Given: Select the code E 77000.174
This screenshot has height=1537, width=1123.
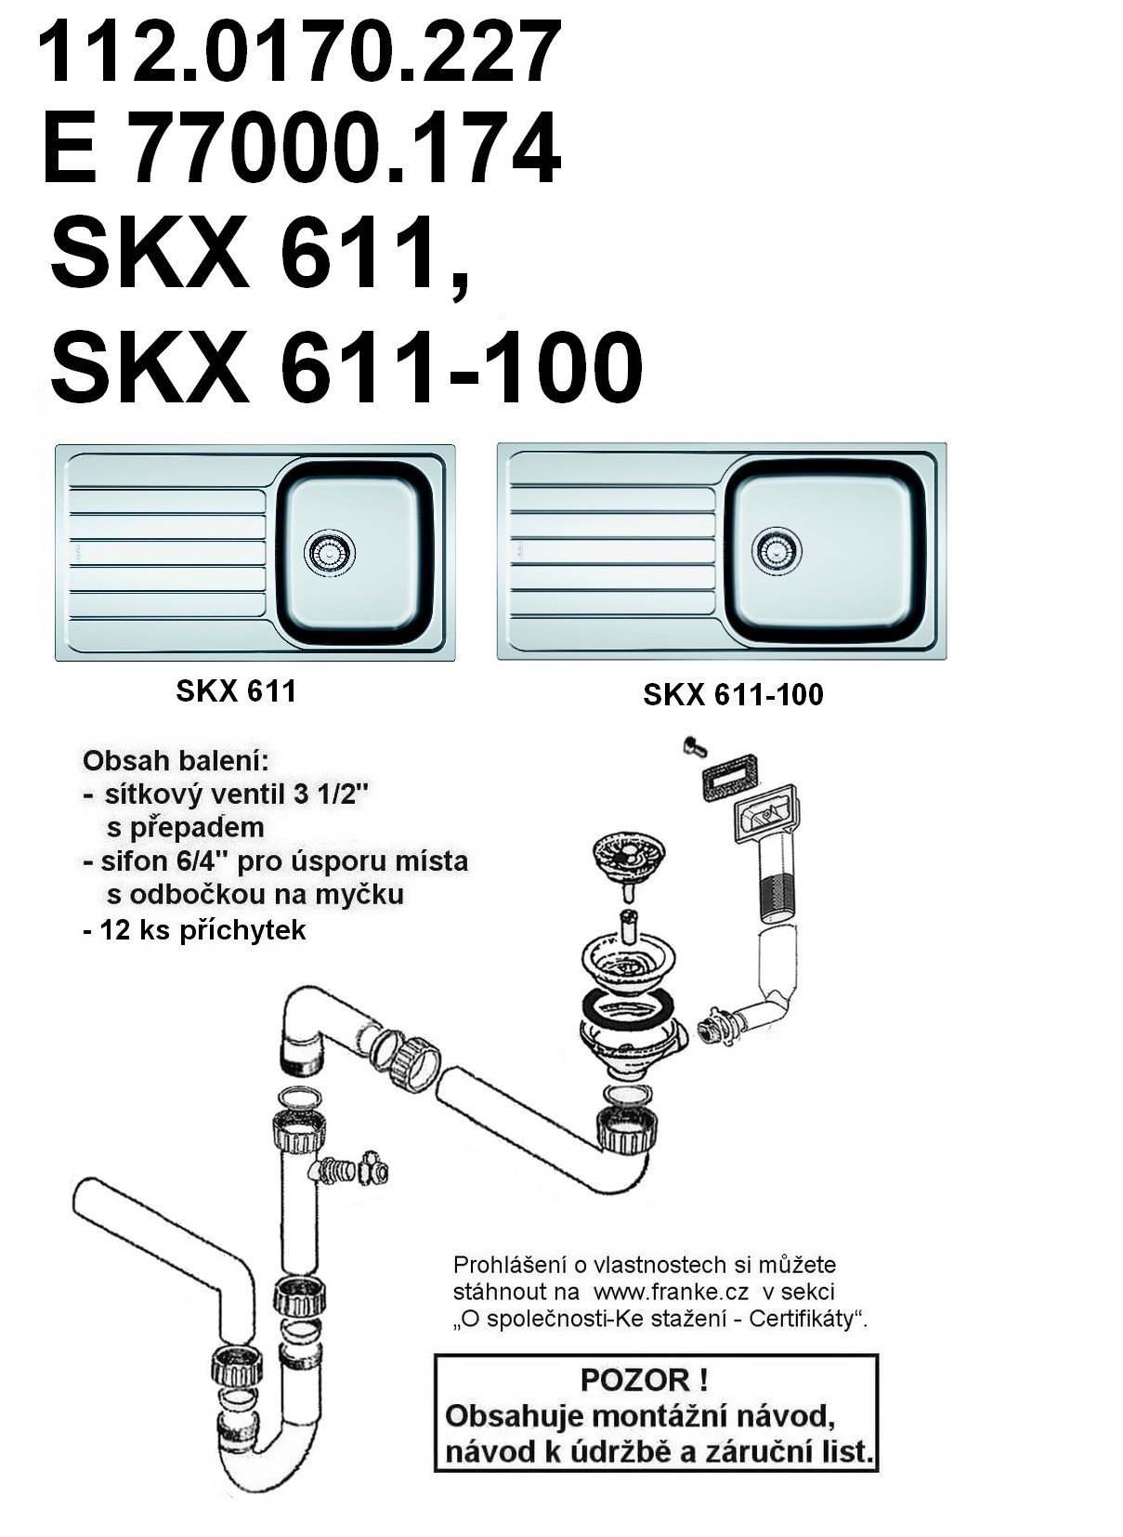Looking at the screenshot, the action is [302, 148].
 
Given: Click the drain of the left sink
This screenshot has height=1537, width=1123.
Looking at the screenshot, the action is [331, 549].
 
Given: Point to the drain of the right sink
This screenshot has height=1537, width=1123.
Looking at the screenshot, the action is [776, 549].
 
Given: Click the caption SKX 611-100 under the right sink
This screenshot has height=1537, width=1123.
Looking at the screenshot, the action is [733, 695].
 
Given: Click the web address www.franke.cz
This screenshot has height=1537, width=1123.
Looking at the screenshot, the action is [671, 1292].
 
